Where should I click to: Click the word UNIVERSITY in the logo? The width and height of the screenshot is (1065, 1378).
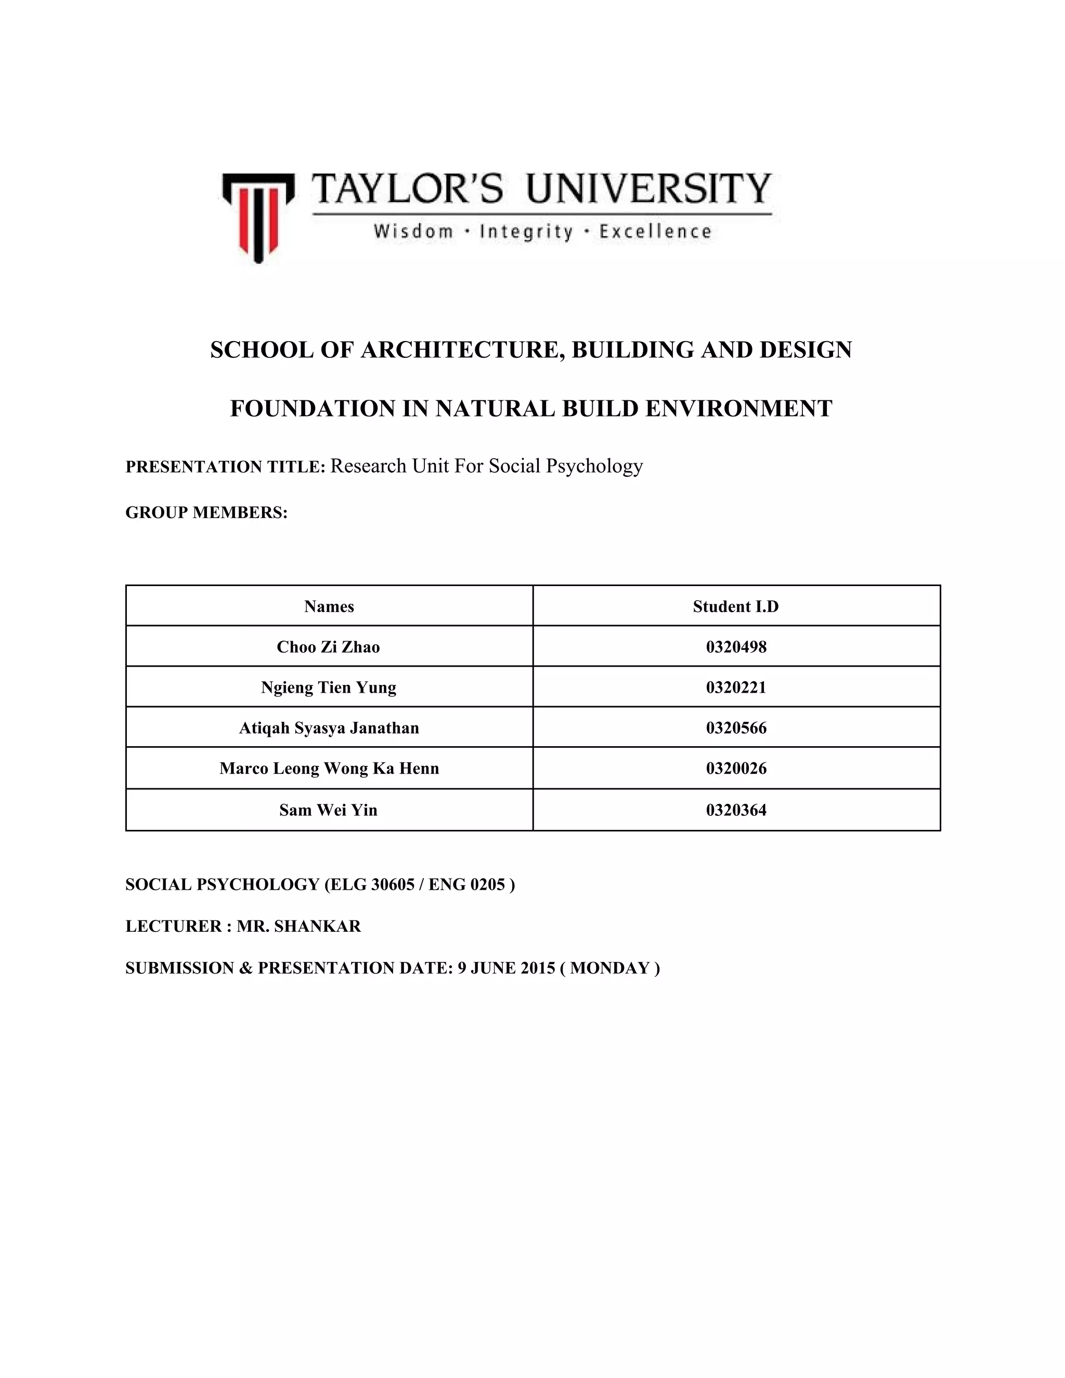pyautogui.click(x=648, y=189)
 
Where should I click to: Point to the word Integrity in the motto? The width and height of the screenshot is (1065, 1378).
pyautogui.click(x=526, y=231)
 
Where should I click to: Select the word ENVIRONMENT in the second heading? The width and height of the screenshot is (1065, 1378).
pyautogui.click(x=739, y=408)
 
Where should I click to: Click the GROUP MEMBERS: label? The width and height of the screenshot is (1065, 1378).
pyautogui.click(x=206, y=512)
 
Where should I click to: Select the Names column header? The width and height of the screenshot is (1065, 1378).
pyautogui.click(x=329, y=606)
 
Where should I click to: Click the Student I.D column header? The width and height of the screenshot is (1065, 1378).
pyautogui.click(x=736, y=606)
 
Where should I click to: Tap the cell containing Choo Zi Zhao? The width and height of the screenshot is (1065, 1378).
pyautogui.click(x=329, y=647)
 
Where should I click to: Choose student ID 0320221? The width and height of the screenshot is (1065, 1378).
pyautogui.click(x=736, y=687)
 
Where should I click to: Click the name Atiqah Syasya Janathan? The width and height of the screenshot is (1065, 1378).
pyautogui.click(x=329, y=727)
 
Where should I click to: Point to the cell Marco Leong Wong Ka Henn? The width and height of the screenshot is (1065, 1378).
pyautogui.click(x=329, y=768)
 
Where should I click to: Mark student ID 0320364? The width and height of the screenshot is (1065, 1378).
pyautogui.click(x=736, y=810)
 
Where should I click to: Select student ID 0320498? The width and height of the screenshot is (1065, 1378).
pyautogui.click(x=736, y=647)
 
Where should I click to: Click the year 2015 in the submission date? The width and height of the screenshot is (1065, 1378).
pyautogui.click(x=538, y=968)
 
